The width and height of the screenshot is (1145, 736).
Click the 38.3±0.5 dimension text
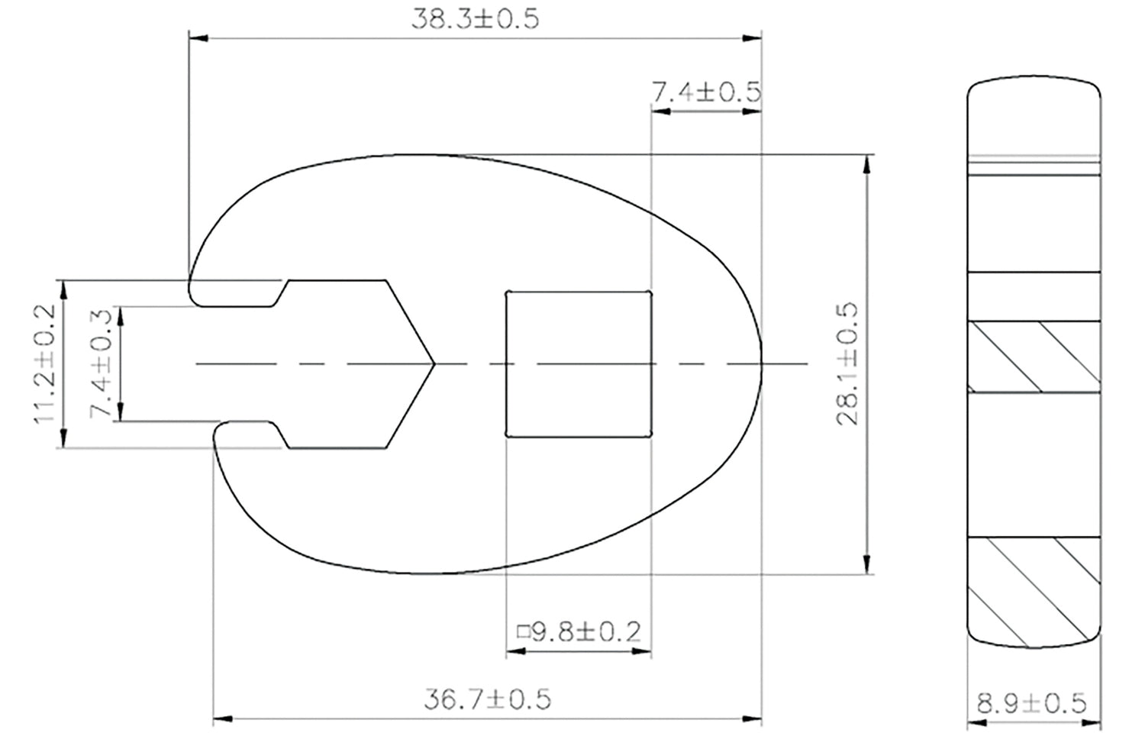coord(475,19)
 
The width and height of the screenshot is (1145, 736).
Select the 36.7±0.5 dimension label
coord(487,699)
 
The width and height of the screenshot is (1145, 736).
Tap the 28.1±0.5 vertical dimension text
coord(847,364)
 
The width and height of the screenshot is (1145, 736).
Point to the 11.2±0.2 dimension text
coord(44,364)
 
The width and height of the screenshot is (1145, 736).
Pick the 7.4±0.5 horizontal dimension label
coord(706,92)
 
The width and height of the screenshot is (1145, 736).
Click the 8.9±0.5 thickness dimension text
coord(1031,703)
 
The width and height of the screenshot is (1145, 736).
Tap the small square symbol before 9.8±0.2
coord(522,632)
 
